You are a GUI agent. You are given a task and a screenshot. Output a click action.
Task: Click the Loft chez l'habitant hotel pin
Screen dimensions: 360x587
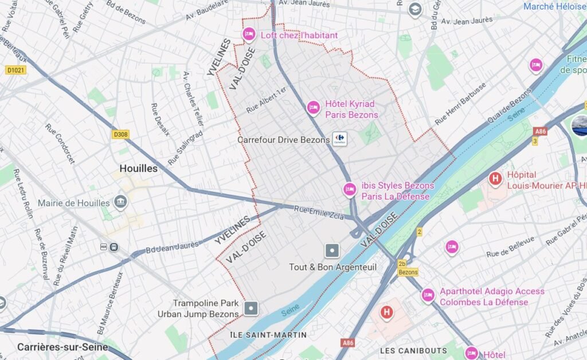click(x=249, y=35)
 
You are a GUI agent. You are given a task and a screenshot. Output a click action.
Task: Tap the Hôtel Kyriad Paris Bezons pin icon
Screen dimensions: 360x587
click(x=313, y=107)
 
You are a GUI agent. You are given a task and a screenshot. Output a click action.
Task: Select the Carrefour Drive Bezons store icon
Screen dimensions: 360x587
click(x=339, y=139)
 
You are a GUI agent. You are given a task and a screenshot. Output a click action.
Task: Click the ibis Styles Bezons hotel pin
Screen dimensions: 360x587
click(x=350, y=189)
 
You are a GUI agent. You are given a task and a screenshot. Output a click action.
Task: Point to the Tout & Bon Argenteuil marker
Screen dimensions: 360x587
click(x=332, y=251)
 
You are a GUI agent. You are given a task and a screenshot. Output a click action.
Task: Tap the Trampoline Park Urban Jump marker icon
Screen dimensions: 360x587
click(x=251, y=309)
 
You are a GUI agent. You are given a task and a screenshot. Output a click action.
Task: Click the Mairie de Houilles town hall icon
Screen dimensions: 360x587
click(x=120, y=202)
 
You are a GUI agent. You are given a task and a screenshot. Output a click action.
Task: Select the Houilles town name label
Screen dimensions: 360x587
click(x=138, y=169)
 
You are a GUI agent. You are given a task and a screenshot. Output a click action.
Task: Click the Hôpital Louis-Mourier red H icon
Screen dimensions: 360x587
click(x=495, y=179)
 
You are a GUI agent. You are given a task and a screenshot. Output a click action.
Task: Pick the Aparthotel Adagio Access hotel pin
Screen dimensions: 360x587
click(x=428, y=295)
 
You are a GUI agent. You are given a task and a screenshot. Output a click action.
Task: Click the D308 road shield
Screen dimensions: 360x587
click(x=120, y=134)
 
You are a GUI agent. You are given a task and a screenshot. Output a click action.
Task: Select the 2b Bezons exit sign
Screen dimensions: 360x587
click(x=408, y=268)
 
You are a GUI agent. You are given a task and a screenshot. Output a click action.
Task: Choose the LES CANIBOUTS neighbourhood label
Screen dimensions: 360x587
click(x=413, y=350)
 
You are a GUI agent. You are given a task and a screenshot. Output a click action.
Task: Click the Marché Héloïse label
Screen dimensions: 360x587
click(x=554, y=6)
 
